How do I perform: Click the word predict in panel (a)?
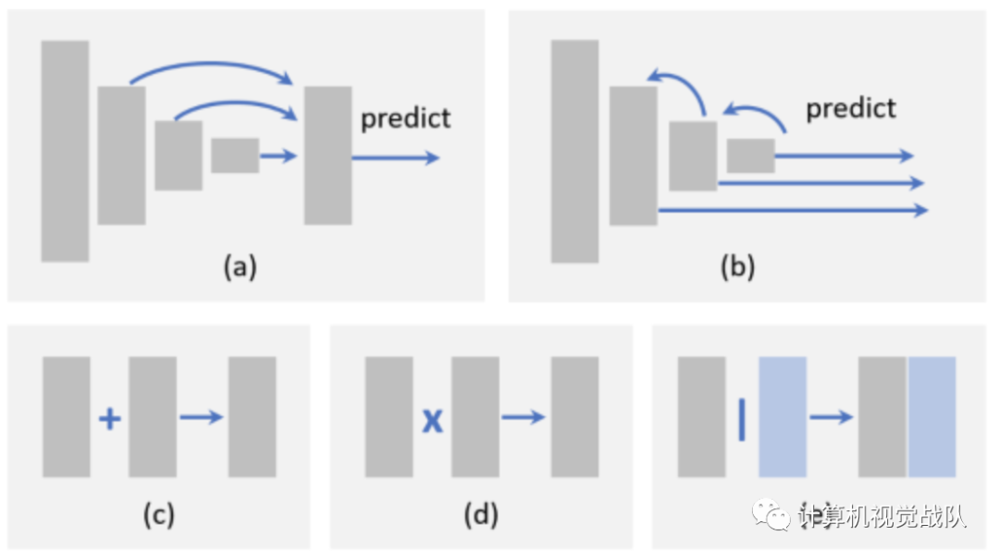click(x=405, y=118)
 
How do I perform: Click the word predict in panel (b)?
click(x=850, y=108)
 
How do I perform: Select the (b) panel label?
click(x=737, y=267)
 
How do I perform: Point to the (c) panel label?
click(x=158, y=515)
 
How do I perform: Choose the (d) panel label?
click(x=480, y=515)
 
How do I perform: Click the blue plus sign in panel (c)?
click(x=109, y=420)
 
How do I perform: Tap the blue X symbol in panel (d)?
click(x=432, y=421)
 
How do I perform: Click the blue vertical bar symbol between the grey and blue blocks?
click(x=742, y=419)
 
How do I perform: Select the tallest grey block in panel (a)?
click(x=65, y=151)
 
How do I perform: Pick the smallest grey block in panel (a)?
click(x=235, y=155)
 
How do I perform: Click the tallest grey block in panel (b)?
click(x=574, y=151)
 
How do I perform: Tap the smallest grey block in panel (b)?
click(x=750, y=155)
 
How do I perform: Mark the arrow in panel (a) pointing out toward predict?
click(x=396, y=158)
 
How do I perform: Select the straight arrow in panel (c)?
click(x=201, y=418)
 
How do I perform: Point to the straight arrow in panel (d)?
click(x=523, y=418)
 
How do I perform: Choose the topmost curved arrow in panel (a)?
click(x=213, y=67)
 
